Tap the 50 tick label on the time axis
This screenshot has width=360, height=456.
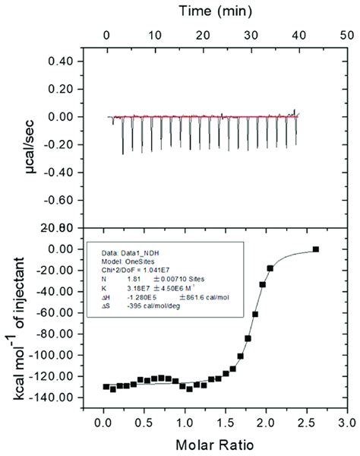(x=346, y=35)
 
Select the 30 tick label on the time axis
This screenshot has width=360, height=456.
(x=250, y=35)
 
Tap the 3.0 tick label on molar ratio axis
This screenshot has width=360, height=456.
(x=346, y=421)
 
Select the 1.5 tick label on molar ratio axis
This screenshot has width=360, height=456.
(x=225, y=421)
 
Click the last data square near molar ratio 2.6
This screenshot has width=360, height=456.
(x=316, y=249)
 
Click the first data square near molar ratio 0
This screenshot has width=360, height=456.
(x=106, y=387)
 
